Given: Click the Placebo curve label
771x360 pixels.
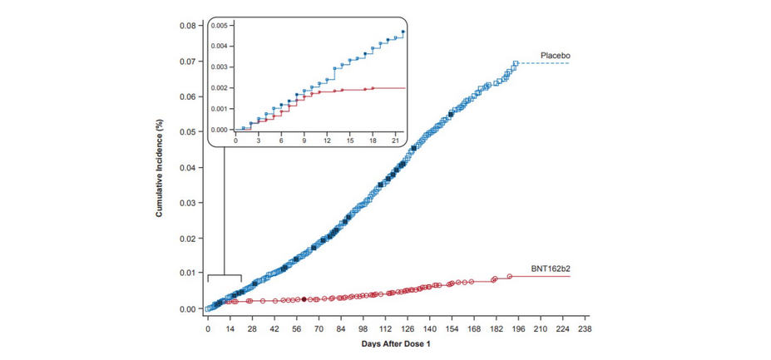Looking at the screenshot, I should tap(555, 56).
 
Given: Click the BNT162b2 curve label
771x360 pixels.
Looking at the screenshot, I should tap(551, 269).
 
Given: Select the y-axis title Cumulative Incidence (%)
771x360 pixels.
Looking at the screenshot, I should tap(158, 167).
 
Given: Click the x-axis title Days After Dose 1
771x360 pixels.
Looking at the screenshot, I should tap(396, 343).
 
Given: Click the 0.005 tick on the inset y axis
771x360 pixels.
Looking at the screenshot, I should tap(219, 26).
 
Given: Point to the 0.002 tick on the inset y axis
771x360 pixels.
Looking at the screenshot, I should tap(219, 88).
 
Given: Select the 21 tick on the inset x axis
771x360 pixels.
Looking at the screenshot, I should tap(395, 141).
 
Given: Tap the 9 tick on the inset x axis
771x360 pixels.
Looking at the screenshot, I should tap(304, 141).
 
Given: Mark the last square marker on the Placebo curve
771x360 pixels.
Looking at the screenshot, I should tap(516, 63).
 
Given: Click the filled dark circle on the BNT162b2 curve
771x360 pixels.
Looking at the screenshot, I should tap(304, 298).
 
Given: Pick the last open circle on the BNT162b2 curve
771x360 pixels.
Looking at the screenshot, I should tap(509, 276).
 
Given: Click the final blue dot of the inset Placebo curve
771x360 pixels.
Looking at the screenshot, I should tap(403, 32).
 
